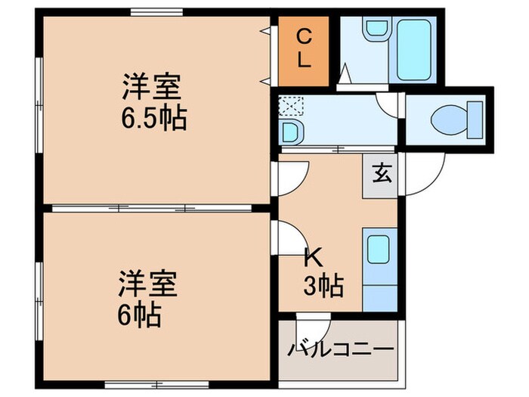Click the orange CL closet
(303, 50)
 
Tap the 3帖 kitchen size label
(323, 286)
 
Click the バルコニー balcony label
(339, 350)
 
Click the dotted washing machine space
(289, 105)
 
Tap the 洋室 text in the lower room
(147, 285)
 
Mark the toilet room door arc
(387, 106)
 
